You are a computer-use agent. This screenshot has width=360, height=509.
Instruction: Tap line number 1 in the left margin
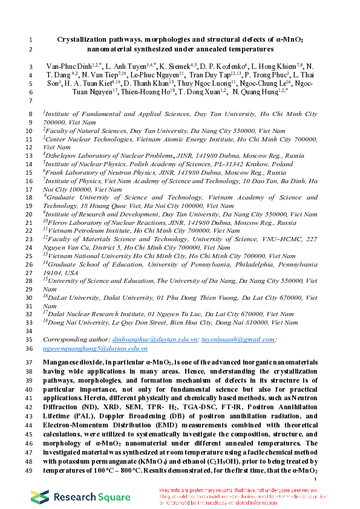pos(30,39)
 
